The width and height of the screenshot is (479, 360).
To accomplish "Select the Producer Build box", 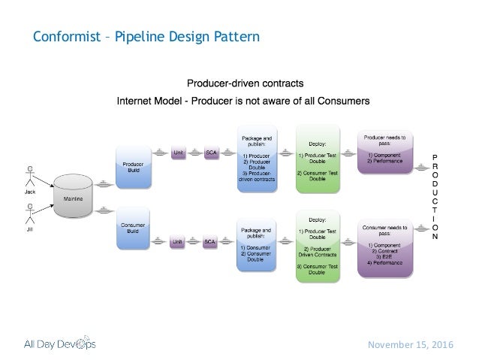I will (x=132, y=167).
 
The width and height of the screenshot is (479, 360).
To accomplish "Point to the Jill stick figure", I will (x=30, y=218).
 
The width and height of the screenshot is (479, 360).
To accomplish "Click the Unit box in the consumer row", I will (x=178, y=241).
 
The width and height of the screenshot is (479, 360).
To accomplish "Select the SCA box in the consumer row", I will (x=212, y=241).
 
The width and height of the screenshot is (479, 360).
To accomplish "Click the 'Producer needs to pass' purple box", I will (x=385, y=153).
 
